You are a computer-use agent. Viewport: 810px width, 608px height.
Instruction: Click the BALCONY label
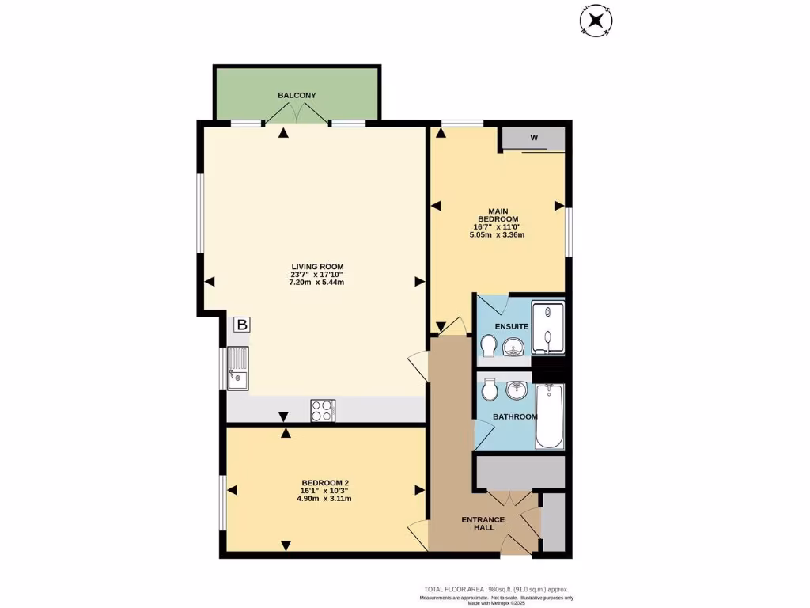pos(297,96)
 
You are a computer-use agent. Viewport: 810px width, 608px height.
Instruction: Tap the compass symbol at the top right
pos(595,21)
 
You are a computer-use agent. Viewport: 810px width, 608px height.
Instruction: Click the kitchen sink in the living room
pos(237,369)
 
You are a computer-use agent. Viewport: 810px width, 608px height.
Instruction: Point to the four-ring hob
pos(323,410)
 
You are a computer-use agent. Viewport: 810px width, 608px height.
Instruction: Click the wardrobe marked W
pos(534,139)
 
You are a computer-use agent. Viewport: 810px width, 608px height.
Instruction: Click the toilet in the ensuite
pos(488,346)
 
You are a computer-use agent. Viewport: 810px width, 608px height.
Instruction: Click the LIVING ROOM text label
pos(316,267)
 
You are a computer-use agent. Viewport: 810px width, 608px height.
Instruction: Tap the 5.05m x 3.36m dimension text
pos(498,235)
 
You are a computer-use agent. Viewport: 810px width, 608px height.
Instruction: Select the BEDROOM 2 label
pos(325,483)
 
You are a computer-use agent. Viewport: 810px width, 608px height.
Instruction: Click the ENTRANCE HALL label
pos(483,525)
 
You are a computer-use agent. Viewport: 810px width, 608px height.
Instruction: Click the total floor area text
pos(496,589)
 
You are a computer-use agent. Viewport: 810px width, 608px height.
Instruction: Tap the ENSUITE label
pos(512,326)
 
